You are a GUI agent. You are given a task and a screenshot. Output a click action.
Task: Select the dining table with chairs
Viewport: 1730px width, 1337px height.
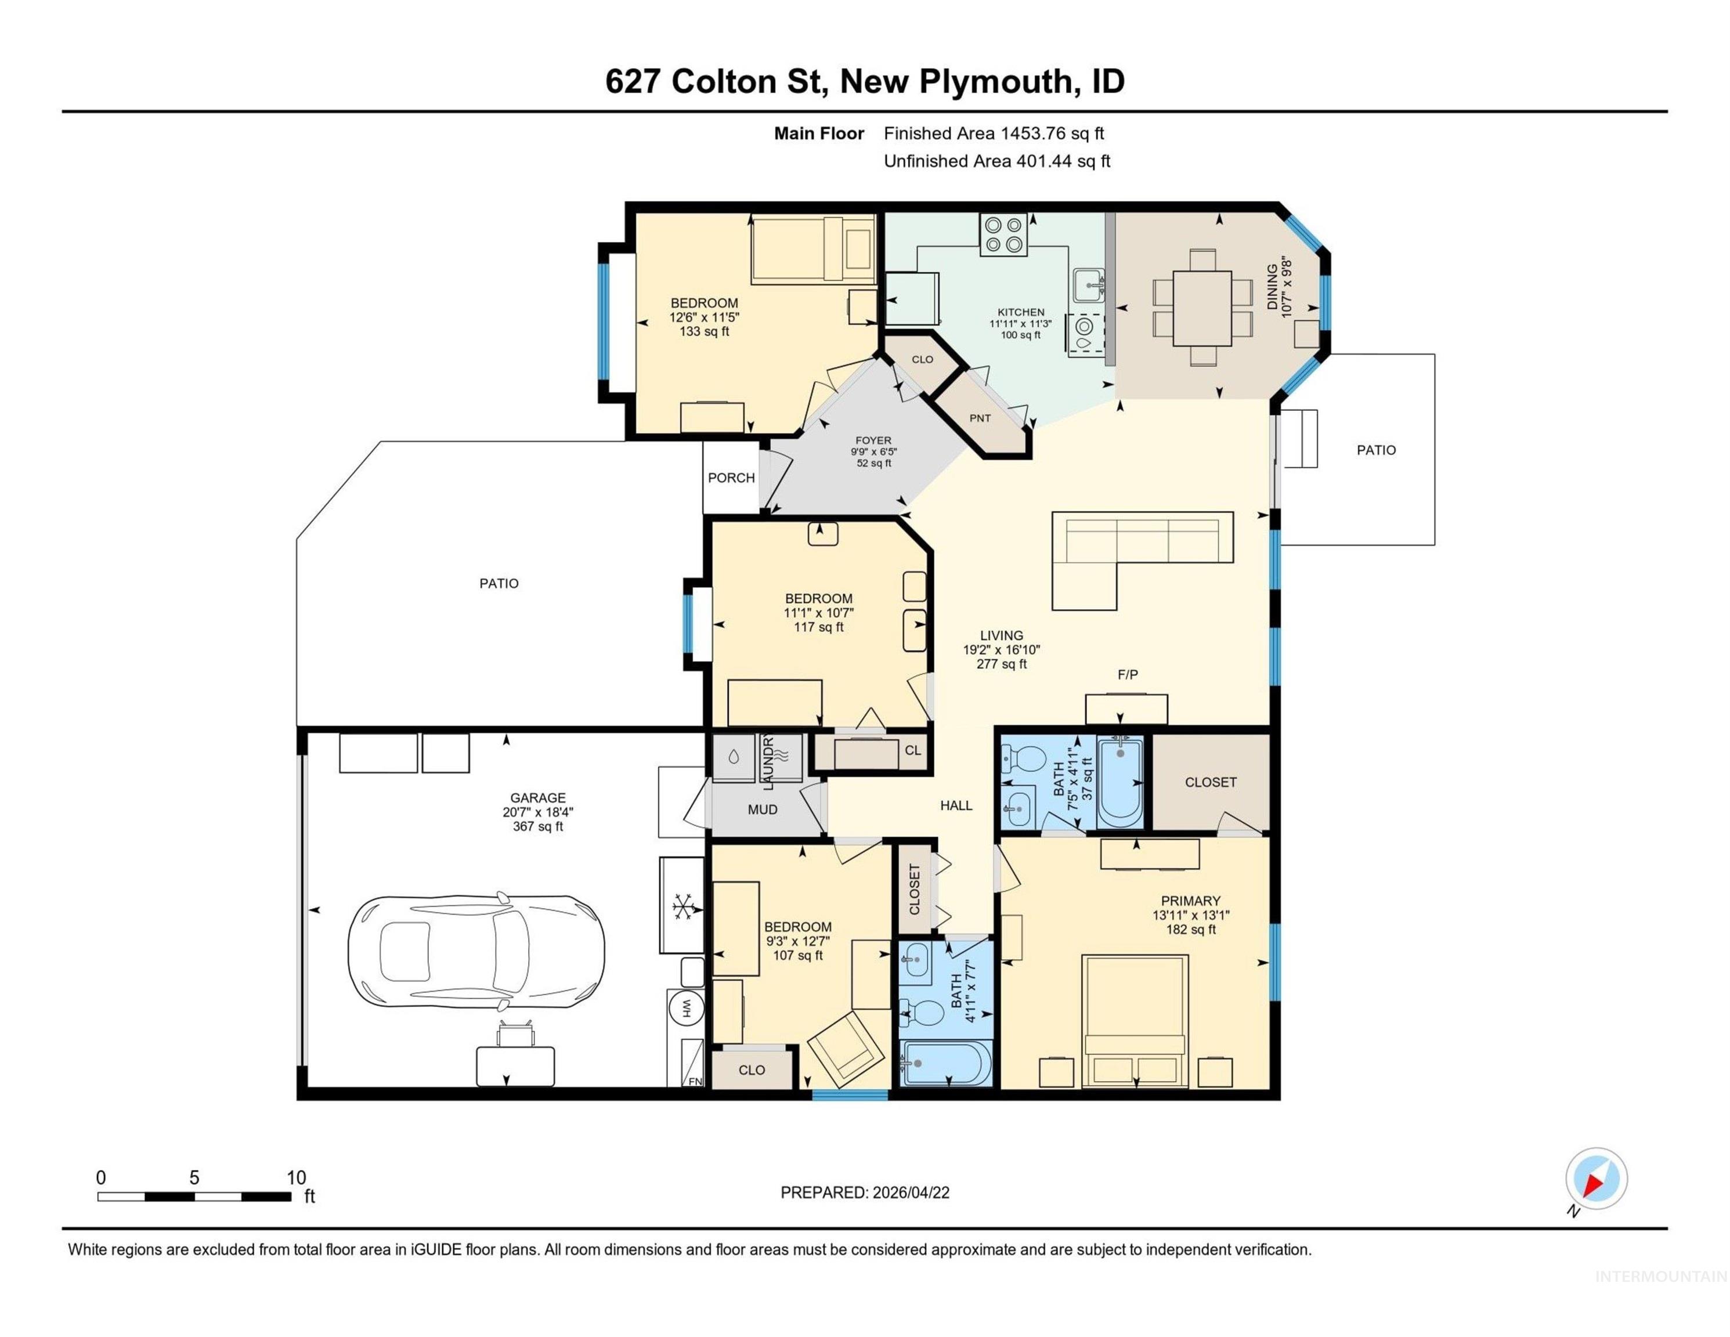point(1202,308)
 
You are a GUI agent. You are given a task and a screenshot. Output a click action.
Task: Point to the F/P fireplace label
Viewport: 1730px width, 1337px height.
point(1127,675)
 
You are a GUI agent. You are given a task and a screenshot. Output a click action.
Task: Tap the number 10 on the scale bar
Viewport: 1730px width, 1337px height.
point(295,1177)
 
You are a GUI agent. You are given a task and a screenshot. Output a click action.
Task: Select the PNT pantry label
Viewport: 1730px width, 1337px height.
point(980,418)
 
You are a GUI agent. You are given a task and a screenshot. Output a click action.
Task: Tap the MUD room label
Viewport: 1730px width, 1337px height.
point(762,810)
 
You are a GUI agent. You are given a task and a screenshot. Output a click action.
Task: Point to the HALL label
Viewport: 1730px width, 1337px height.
point(955,805)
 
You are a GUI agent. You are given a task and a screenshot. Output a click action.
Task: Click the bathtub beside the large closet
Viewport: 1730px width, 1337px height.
point(1120,783)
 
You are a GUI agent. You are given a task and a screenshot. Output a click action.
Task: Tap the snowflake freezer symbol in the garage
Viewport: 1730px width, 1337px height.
point(681,905)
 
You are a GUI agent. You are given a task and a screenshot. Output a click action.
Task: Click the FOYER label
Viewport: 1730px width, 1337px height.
point(873,440)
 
